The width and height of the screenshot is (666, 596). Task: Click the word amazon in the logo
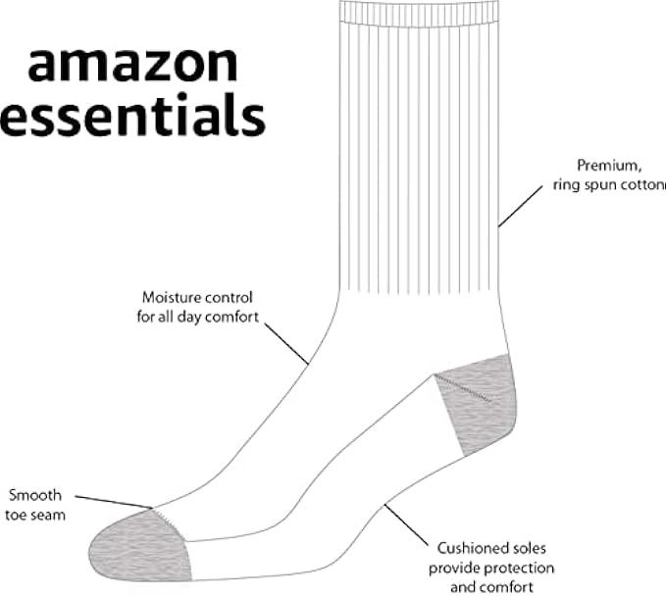132,64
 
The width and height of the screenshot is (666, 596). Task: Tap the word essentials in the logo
132,117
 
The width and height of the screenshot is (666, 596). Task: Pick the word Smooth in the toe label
34,495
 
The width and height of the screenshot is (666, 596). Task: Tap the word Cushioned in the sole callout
464,549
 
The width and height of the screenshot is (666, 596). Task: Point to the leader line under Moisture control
289,346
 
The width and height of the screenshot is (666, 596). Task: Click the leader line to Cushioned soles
408,523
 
